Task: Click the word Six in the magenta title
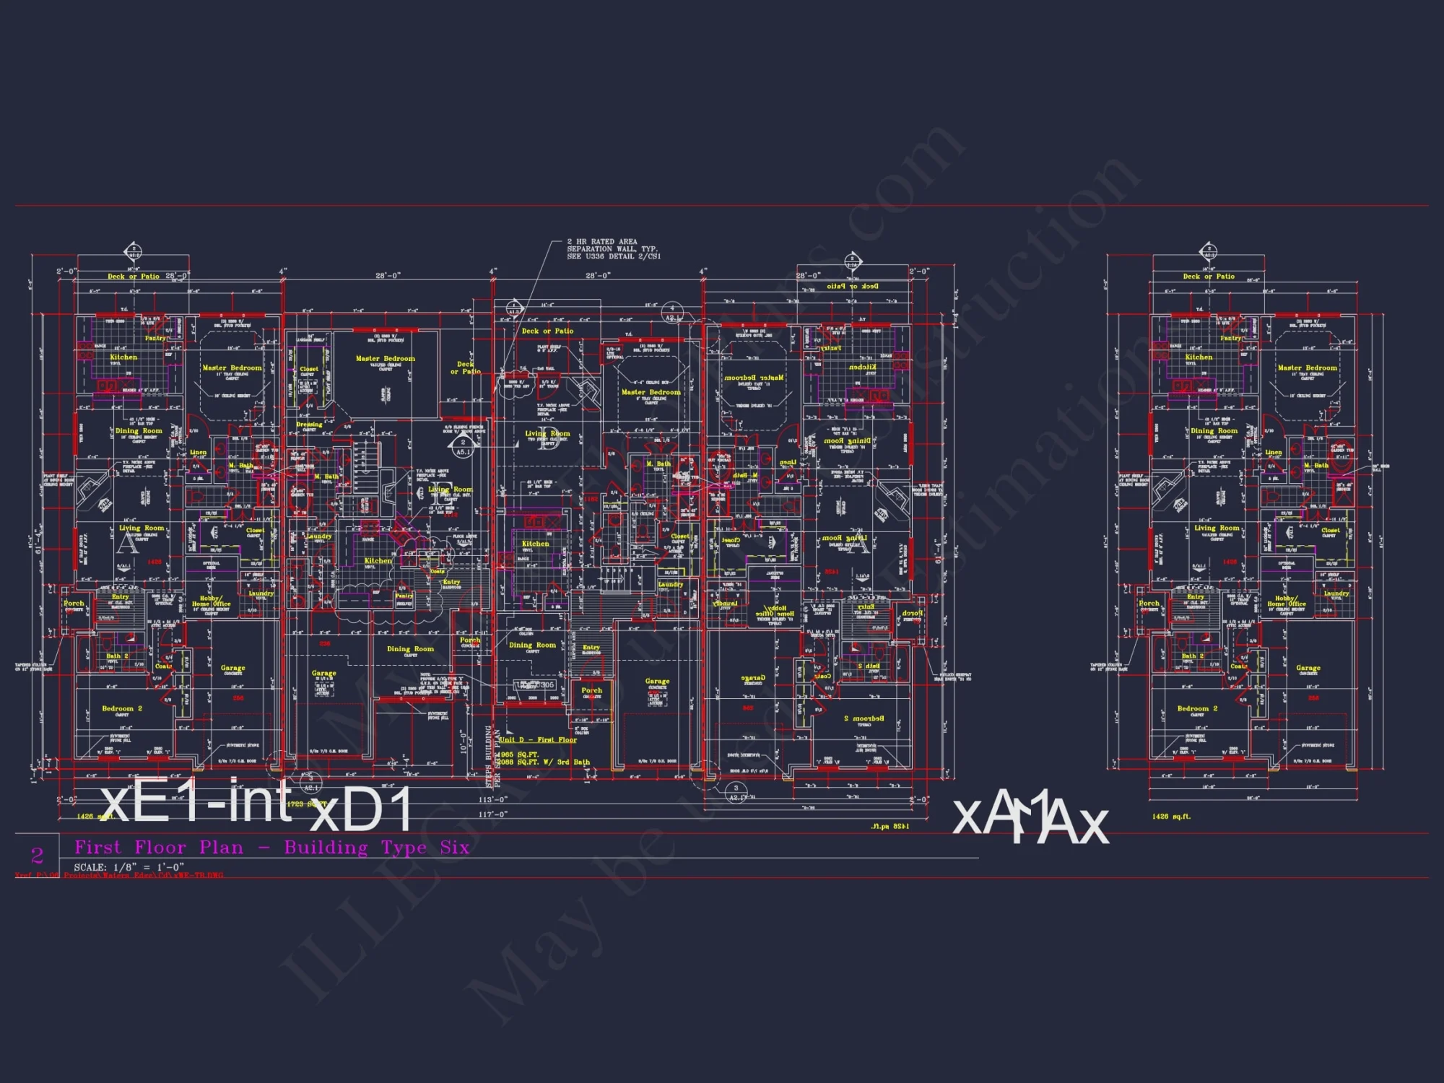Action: point(455,848)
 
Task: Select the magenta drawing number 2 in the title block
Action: point(38,856)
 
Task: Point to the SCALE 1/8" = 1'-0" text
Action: point(129,867)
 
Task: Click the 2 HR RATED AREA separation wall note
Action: point(613,249)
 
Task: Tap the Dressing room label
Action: point(309,425)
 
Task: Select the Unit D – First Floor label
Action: point(538,740)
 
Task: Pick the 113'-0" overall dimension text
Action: point(492,800)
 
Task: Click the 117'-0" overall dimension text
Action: point(492,814)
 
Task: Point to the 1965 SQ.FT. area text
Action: point(519,754)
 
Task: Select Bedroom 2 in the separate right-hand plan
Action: point(1197,708)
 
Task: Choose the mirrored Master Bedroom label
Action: point(754,378)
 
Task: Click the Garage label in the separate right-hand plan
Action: point(1308,668)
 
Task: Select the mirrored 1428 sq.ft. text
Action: point(890,826)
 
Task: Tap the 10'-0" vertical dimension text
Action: point(464,740)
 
